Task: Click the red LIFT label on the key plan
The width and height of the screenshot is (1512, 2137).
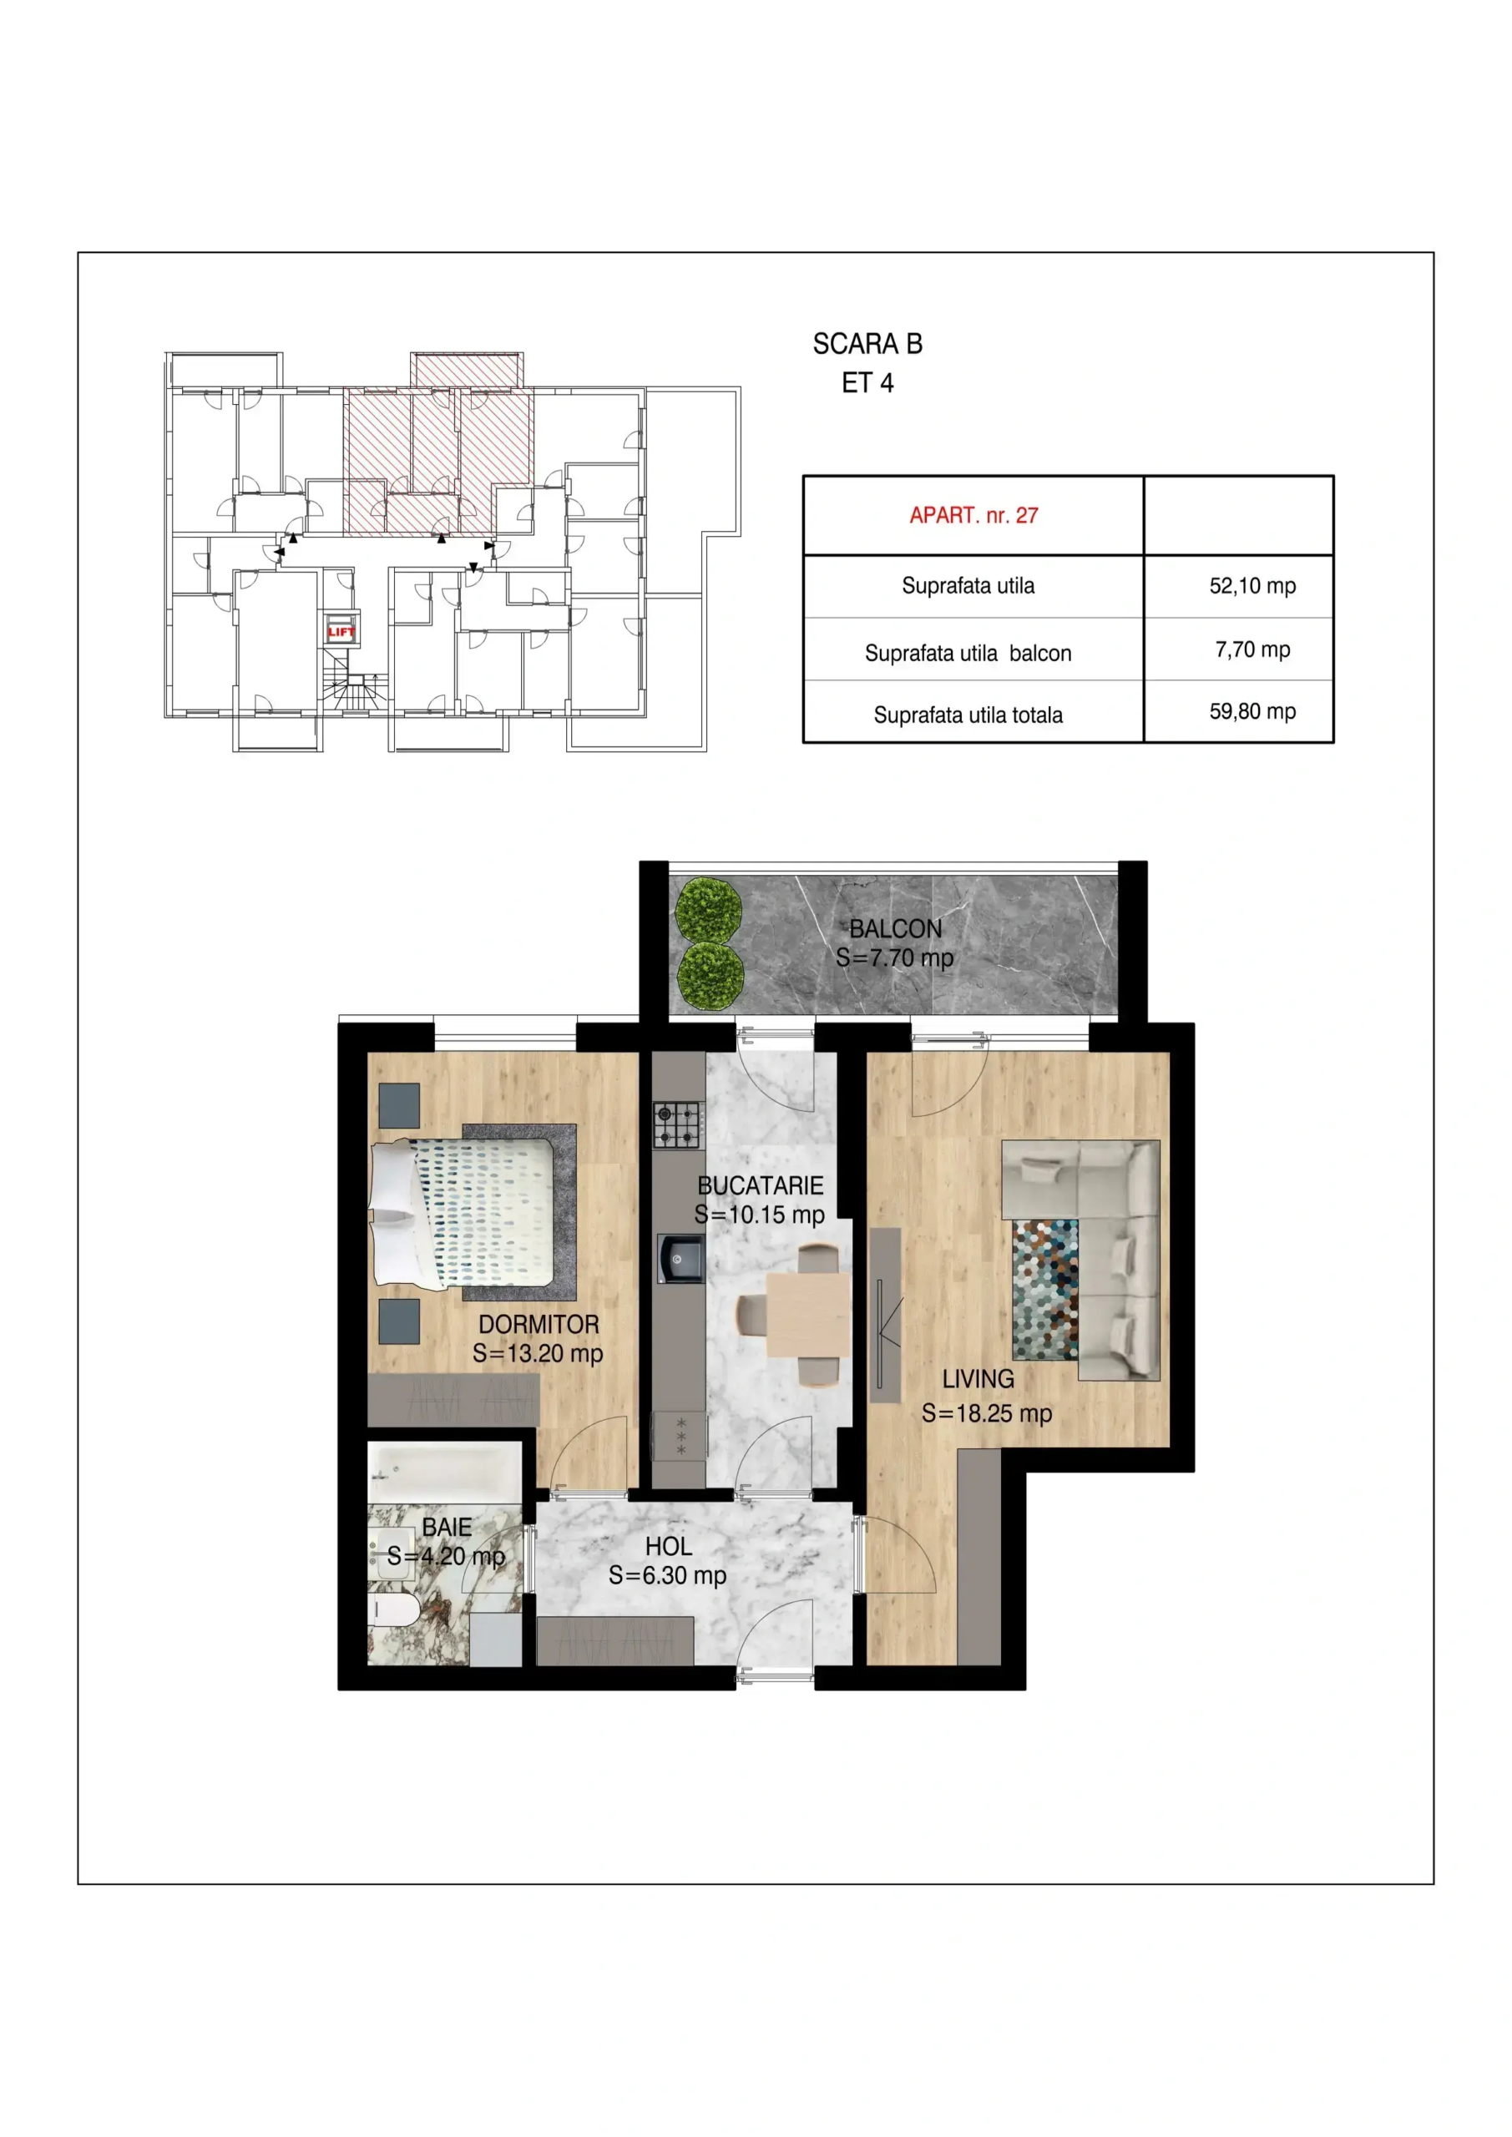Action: coord(341,631)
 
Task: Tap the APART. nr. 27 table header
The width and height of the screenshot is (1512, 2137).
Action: coord(973,516)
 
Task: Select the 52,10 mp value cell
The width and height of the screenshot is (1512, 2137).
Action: coord(1252,585)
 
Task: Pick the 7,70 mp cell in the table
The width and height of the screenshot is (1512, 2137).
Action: coord(1252,649)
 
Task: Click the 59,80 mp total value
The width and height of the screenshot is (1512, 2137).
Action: coord(1252,711)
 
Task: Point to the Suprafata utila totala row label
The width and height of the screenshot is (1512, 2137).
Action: coord(968,715)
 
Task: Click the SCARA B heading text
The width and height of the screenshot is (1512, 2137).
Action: coord(867,345)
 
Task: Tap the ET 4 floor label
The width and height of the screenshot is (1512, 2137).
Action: coord(867,383)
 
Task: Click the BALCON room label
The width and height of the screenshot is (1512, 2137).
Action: coord(896,929)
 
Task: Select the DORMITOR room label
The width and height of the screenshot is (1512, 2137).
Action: coord(539,1325)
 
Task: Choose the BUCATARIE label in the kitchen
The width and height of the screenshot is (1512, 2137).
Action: coord(761,1185)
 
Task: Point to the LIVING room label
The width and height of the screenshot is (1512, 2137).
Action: coord(978,1379)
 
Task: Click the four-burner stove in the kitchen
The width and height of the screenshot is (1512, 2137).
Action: coord(677,1124)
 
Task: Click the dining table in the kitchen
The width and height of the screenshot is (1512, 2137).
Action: coord(808,1314)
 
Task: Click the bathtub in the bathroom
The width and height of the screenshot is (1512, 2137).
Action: coord(444,1473)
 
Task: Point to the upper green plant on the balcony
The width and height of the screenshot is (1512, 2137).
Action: coord(709,908)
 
